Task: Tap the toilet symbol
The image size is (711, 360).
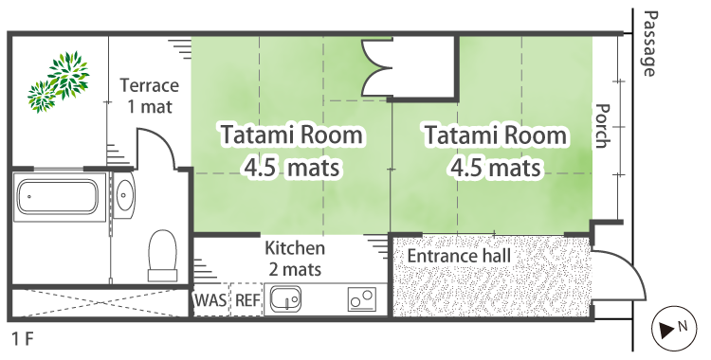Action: [x=162, y=255]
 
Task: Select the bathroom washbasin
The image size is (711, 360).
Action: [x=124, y=195]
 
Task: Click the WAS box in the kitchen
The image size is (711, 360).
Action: [x=210, y=299]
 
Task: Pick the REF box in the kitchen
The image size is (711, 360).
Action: [x=247, y=299]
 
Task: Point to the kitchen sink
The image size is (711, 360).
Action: [x=285, y=299]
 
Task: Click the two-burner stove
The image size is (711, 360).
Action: [x=362, y=299]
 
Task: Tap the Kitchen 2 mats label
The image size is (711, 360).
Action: [x=295, y=259]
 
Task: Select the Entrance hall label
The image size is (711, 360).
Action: [x=459, y=256]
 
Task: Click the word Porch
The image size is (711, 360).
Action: [x=602, y=126]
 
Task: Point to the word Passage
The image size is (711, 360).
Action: [x=649, y=44]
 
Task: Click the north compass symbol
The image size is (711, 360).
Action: [x=674, y=328]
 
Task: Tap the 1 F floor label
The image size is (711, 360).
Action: [x=23, y=339]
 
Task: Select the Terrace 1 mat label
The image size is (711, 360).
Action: [x=149, y=96]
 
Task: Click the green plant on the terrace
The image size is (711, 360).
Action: [x=59, y=81]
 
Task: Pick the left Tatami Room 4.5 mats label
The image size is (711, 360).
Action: [x=292, y=151]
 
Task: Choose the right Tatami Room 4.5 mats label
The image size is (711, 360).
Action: [x=495, y=151]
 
